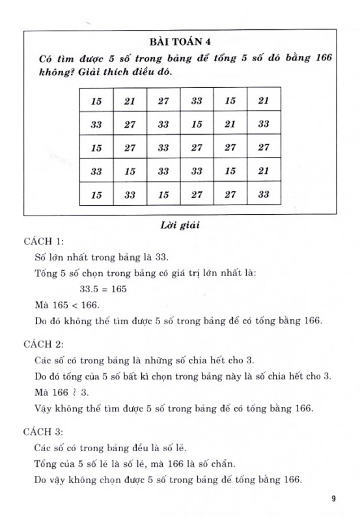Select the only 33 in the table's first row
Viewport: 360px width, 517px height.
click(197, 101)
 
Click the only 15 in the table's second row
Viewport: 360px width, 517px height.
click(197, 124)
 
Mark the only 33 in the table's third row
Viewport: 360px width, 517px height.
click(163, 148)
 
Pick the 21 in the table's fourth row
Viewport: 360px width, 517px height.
click(263, 171)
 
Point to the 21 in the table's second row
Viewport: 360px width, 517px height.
click(230, 124)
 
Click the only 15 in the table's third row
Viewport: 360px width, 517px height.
click(97, 148)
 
